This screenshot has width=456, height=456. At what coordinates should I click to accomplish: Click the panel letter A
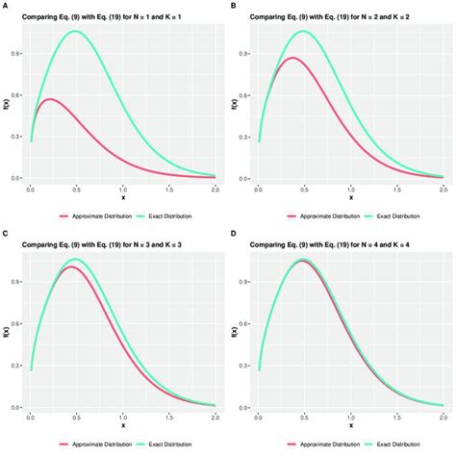click(5, 6)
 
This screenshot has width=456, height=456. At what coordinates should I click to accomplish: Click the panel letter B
click(235, 6)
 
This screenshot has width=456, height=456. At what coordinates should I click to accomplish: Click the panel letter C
click(5, 235)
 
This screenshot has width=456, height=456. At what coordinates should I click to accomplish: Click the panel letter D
click(235, 235)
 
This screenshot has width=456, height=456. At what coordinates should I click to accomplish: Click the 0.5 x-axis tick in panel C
click(77, 418)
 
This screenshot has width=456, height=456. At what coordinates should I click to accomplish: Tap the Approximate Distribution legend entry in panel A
click(99, 217)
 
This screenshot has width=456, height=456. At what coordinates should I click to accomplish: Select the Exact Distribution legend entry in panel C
click(165, 445)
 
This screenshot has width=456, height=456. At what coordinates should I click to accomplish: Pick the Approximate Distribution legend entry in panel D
click(327, 445)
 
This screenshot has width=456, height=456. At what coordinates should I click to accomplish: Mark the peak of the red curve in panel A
click(50, 99)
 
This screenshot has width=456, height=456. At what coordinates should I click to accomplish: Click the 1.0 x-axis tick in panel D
click(350, 418)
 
